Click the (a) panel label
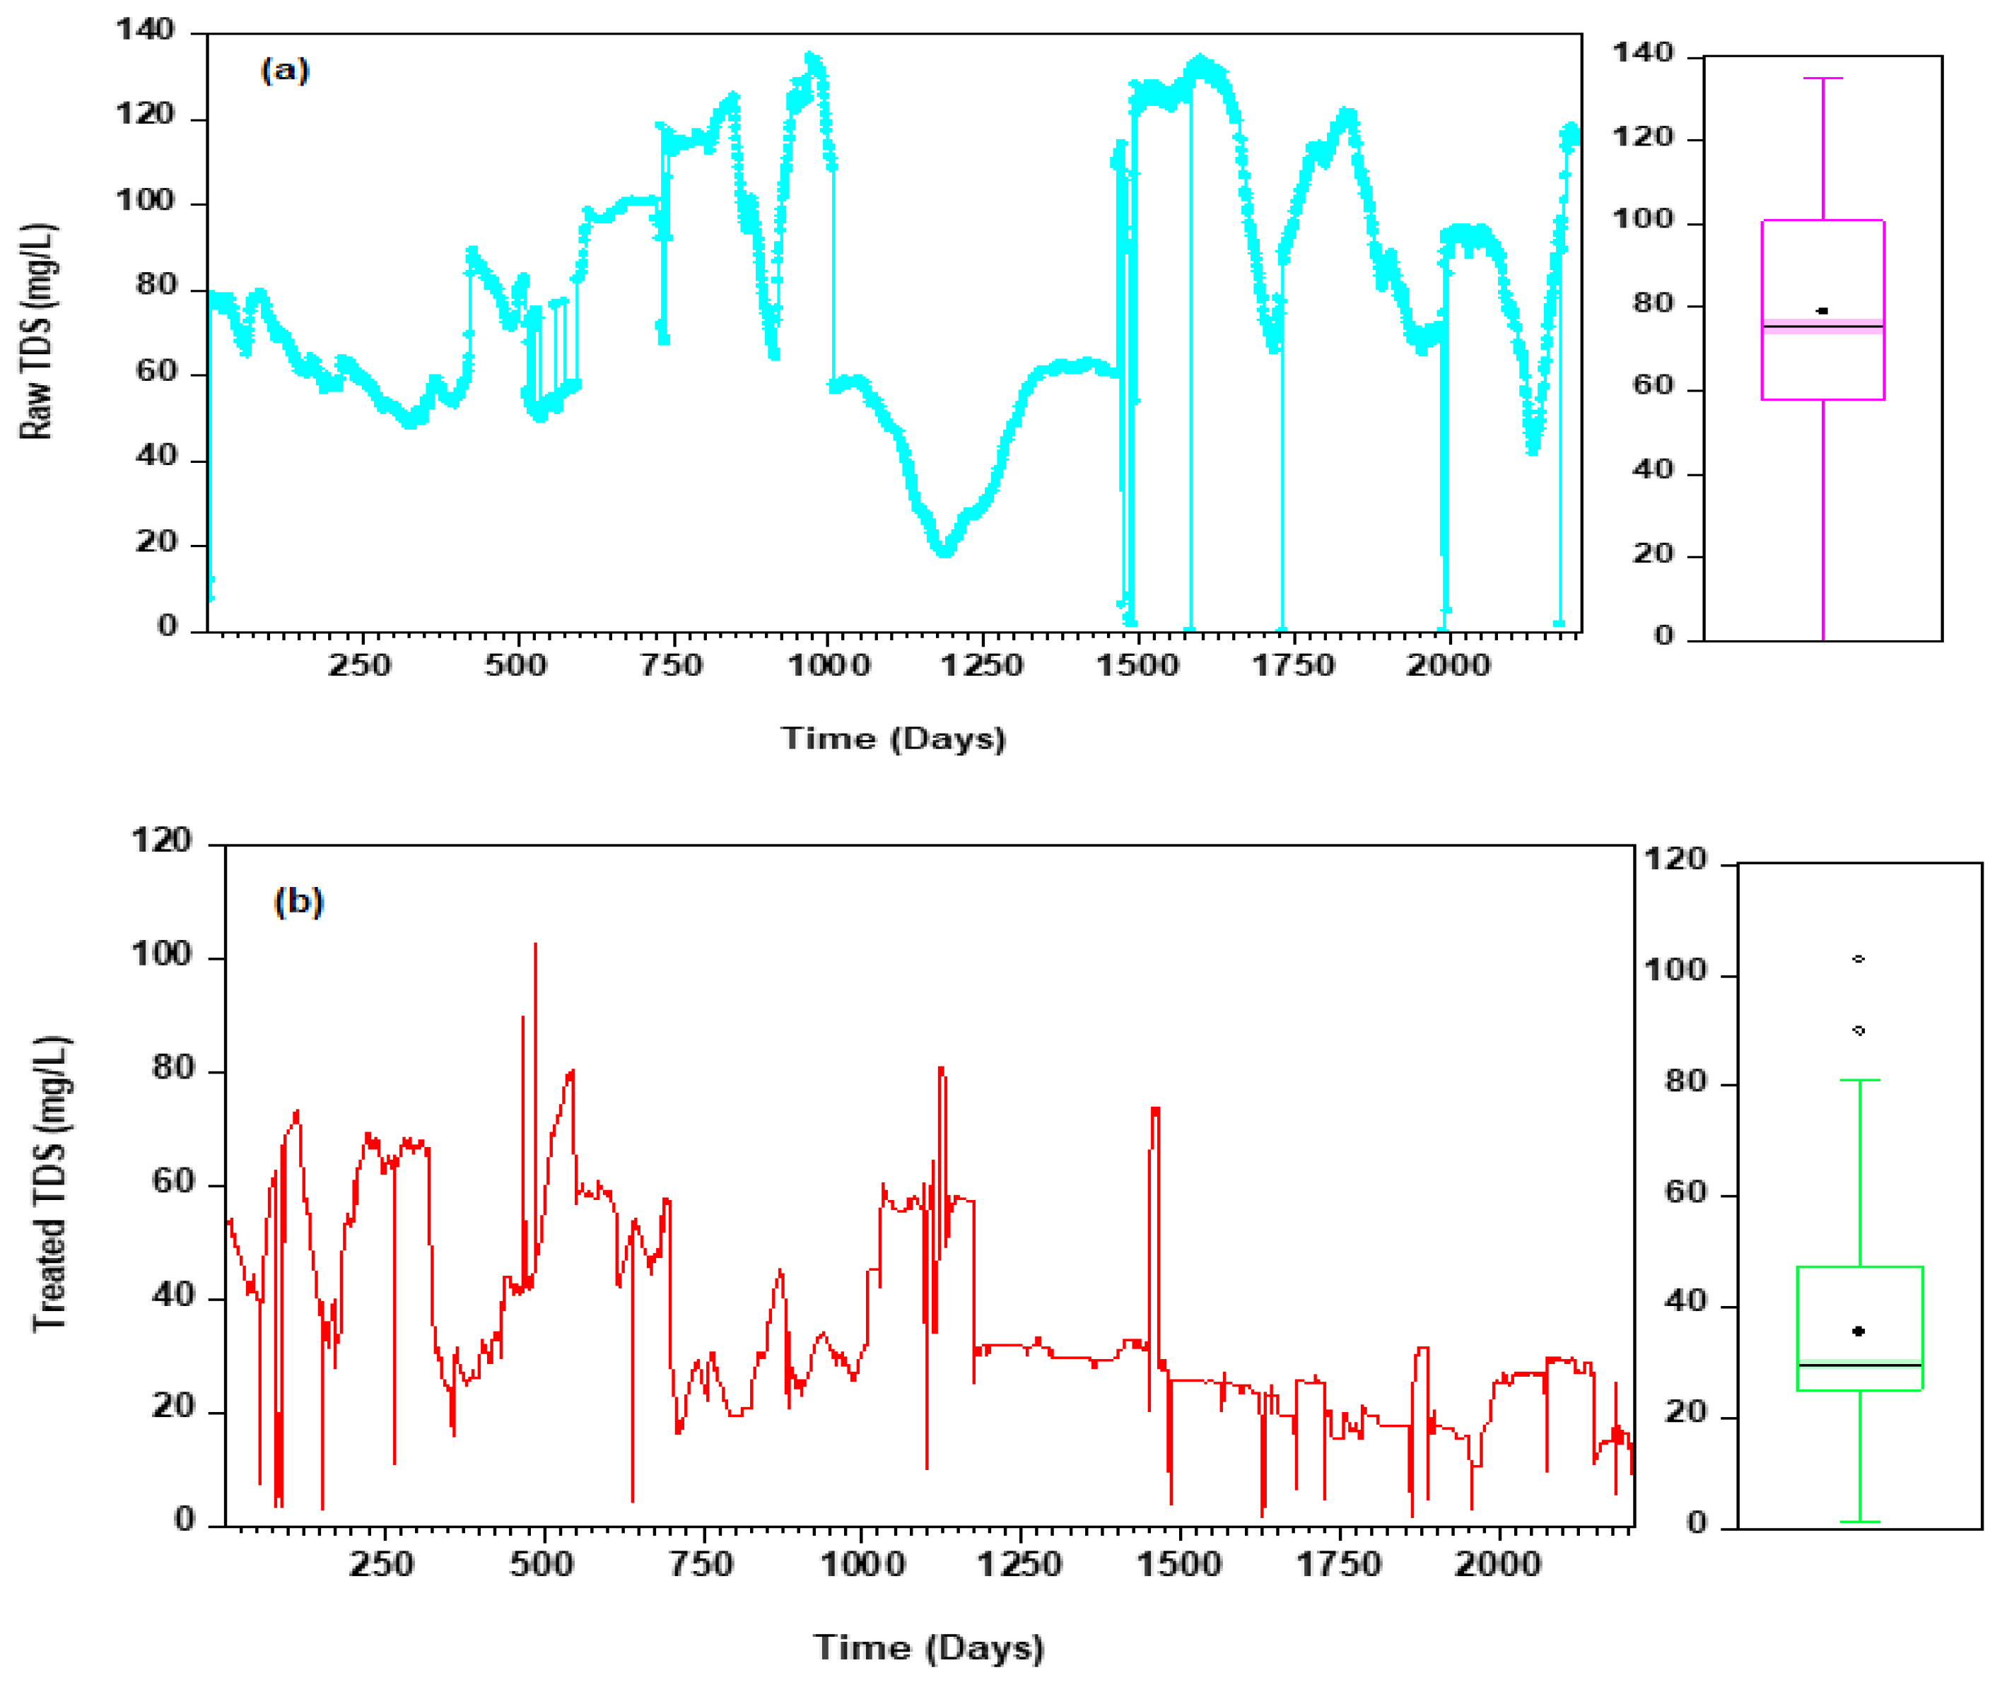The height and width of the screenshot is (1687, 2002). click(x=285, y=71)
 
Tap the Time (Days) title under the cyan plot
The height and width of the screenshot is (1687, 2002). click(x=894, y=739)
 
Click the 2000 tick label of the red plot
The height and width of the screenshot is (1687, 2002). click(x=1498, y=1565)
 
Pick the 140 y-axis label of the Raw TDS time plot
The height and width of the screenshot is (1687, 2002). click(x=146, y=30)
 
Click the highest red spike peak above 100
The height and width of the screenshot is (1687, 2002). click(x=534, y=945)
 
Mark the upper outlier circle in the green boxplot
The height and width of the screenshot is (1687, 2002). click(x=1858, y=959)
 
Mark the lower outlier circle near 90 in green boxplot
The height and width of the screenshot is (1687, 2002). click(x=1858, y=1031)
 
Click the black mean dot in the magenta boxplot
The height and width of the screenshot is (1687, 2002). click(x=1822, y=311)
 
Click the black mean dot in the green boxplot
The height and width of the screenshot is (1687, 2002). click(x=1858, y=1332)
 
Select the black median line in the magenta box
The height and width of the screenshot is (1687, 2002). click(x=1822, y=327)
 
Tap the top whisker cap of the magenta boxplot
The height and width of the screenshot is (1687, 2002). click(x=1822, y=78)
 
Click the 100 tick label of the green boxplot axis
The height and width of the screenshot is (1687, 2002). click(x=1675, y=970)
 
